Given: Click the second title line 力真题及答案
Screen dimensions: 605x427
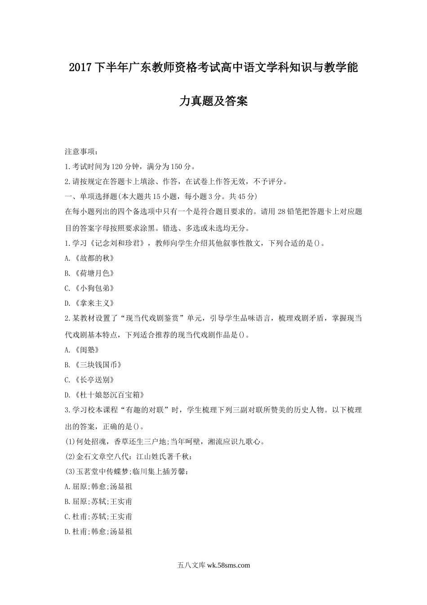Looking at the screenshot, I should (x=213, y=101).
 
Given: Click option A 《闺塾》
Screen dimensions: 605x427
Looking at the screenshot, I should (x=82, y=350).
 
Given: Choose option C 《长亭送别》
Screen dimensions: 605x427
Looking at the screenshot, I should (x=89, y=380).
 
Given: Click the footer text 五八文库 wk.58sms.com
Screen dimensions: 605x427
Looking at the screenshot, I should (x=213, y=566).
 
